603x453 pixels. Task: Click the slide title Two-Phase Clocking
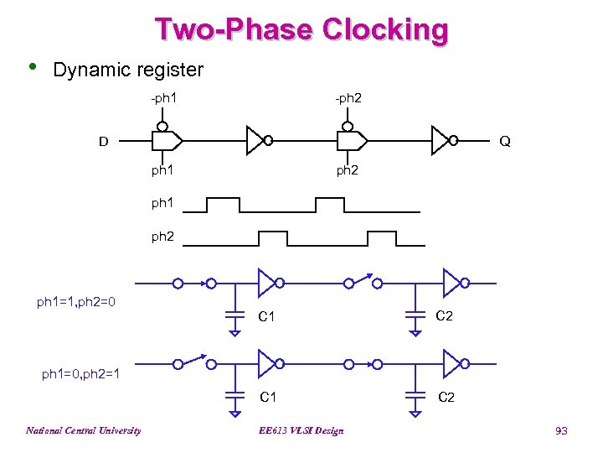pos(301,30)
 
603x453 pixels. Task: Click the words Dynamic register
pos(127,69)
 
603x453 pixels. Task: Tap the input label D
pos(104,141)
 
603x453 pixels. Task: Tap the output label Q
pos(505,141)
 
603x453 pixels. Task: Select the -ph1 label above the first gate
pos(163,99)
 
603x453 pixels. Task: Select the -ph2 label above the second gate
pos(348,99)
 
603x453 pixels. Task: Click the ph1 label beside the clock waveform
pos(163,204)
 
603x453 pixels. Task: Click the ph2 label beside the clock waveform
pos(163,237)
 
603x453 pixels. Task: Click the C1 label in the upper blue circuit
pos(267,316)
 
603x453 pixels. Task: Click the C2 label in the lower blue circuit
pos(446,397)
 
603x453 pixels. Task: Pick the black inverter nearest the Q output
pos(441,141)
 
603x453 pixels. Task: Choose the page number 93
pos(561,431)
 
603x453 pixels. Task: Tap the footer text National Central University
pos(83,431)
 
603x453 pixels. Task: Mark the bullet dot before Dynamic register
pos(32,66)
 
